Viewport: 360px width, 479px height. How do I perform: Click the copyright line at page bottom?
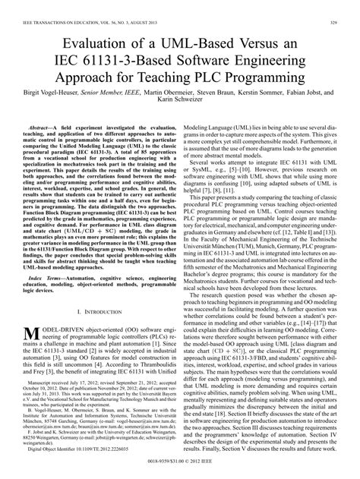click(x=180, y=471)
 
